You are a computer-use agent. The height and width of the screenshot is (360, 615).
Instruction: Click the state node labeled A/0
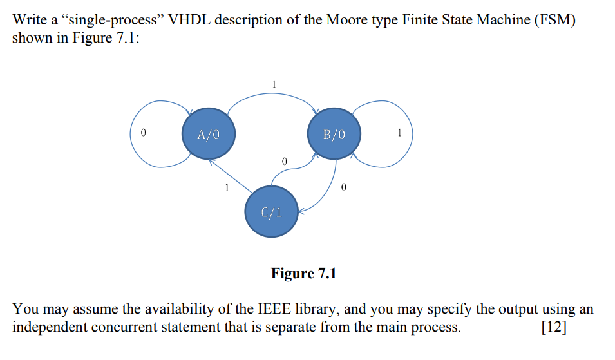208,135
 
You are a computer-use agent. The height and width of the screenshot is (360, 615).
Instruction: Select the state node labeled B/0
334,135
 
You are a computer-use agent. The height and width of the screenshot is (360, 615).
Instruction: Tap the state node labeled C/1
271,212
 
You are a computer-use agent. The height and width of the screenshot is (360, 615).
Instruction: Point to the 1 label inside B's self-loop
400,133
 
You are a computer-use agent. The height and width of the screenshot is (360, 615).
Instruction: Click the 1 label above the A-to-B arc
274,84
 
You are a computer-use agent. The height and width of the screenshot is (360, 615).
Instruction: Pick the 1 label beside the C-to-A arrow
226,187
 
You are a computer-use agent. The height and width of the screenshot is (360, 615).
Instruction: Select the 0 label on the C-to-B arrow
284,160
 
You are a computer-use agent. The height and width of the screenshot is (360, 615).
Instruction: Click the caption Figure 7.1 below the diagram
303,274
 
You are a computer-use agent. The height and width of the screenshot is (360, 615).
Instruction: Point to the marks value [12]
554,327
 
